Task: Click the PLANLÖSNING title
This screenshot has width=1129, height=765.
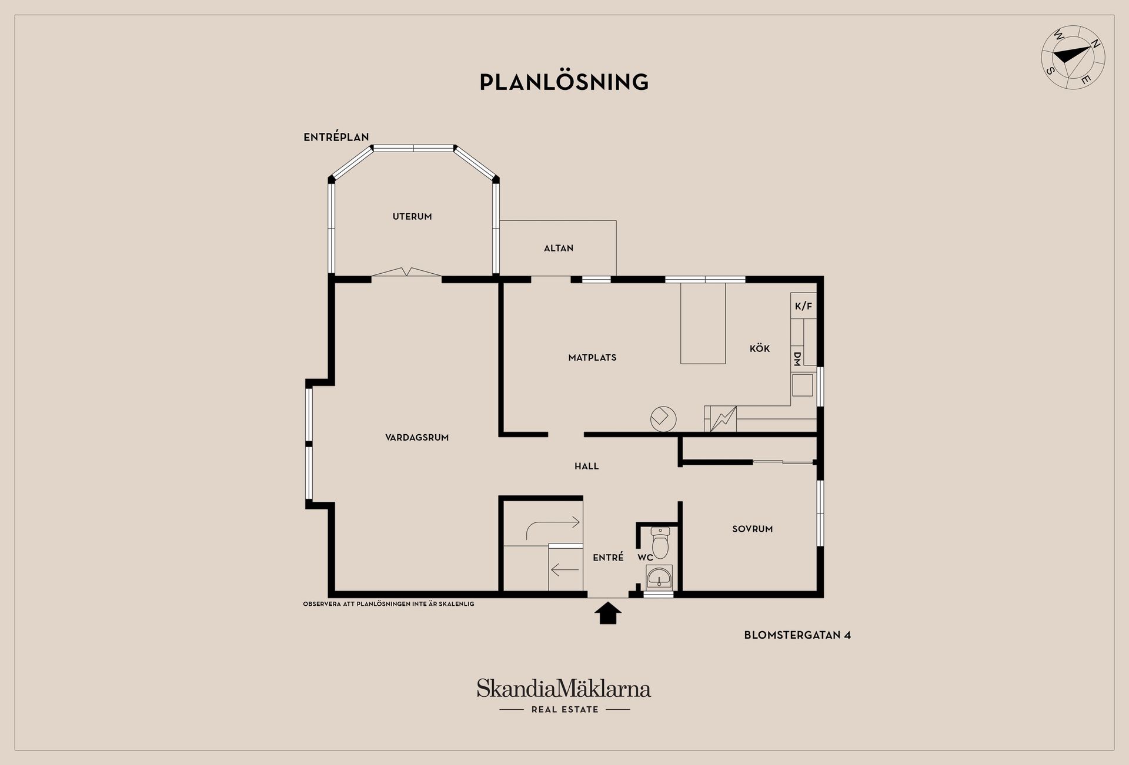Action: tap(564, 82)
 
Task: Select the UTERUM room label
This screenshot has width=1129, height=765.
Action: tap(412, 217)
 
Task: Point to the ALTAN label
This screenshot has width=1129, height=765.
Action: tap(559, 249)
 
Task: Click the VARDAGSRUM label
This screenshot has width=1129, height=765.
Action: tap(417, 438)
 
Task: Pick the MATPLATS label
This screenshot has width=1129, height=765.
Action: tap(592, 357)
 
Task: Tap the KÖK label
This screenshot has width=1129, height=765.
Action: tap(760, 348)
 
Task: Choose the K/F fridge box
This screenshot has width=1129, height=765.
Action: tap(803, 306)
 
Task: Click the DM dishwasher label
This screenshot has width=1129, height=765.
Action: tap(797, 359)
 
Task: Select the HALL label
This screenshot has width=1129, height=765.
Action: tap(586, 467)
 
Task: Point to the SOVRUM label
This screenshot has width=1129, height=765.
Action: tap(752, 529)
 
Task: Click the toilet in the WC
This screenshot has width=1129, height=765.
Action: tap(660, 542)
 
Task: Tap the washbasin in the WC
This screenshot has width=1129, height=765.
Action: tap(659, 578)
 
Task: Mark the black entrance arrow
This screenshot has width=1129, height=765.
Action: tap(607, 613)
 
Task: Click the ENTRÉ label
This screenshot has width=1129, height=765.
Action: tap(608, 558)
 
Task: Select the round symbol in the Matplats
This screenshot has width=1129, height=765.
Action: tap(663, 418)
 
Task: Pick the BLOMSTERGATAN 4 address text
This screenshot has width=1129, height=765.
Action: tap(797, 635)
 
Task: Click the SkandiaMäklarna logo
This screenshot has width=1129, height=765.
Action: tap(564, 689)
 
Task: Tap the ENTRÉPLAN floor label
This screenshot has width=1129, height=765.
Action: tap(336, 137)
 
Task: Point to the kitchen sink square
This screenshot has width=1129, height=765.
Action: tap(802, 385)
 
